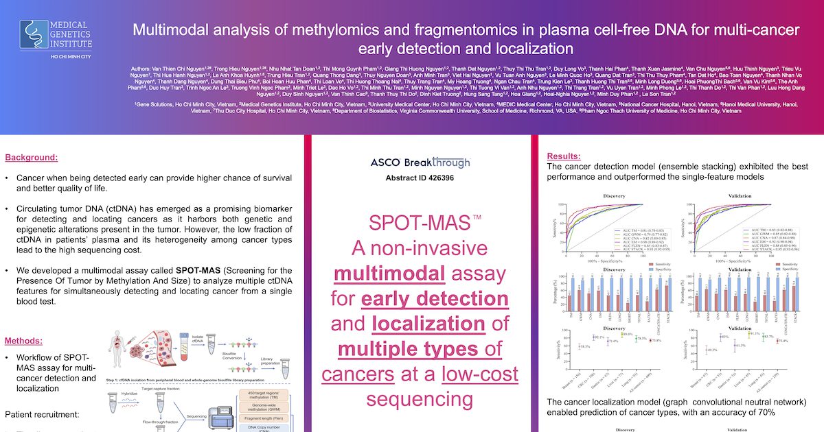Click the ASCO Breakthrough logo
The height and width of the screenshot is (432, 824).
point(420,163)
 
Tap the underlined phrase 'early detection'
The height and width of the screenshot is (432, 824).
point(434,299)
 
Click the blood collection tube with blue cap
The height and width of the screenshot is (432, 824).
point(183,346)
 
